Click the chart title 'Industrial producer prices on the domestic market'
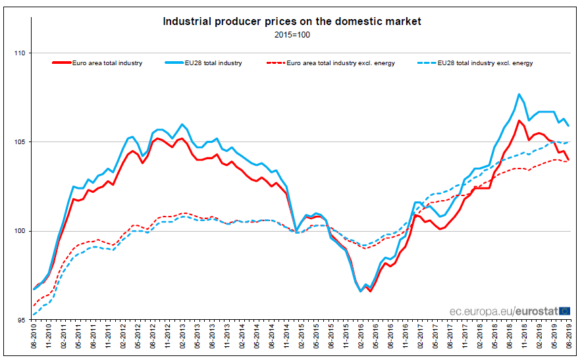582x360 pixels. (292, 22)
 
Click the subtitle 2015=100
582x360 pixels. (292, 35)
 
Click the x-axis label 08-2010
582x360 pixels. (34, 338)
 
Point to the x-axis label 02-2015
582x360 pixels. (302, 338)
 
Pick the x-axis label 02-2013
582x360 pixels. (182, 338)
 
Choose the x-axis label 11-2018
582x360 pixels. (524, 338)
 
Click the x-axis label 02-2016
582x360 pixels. (361, 338)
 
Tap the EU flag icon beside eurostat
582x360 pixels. (564, 310)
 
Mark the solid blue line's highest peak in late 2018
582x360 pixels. (519, 94)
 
